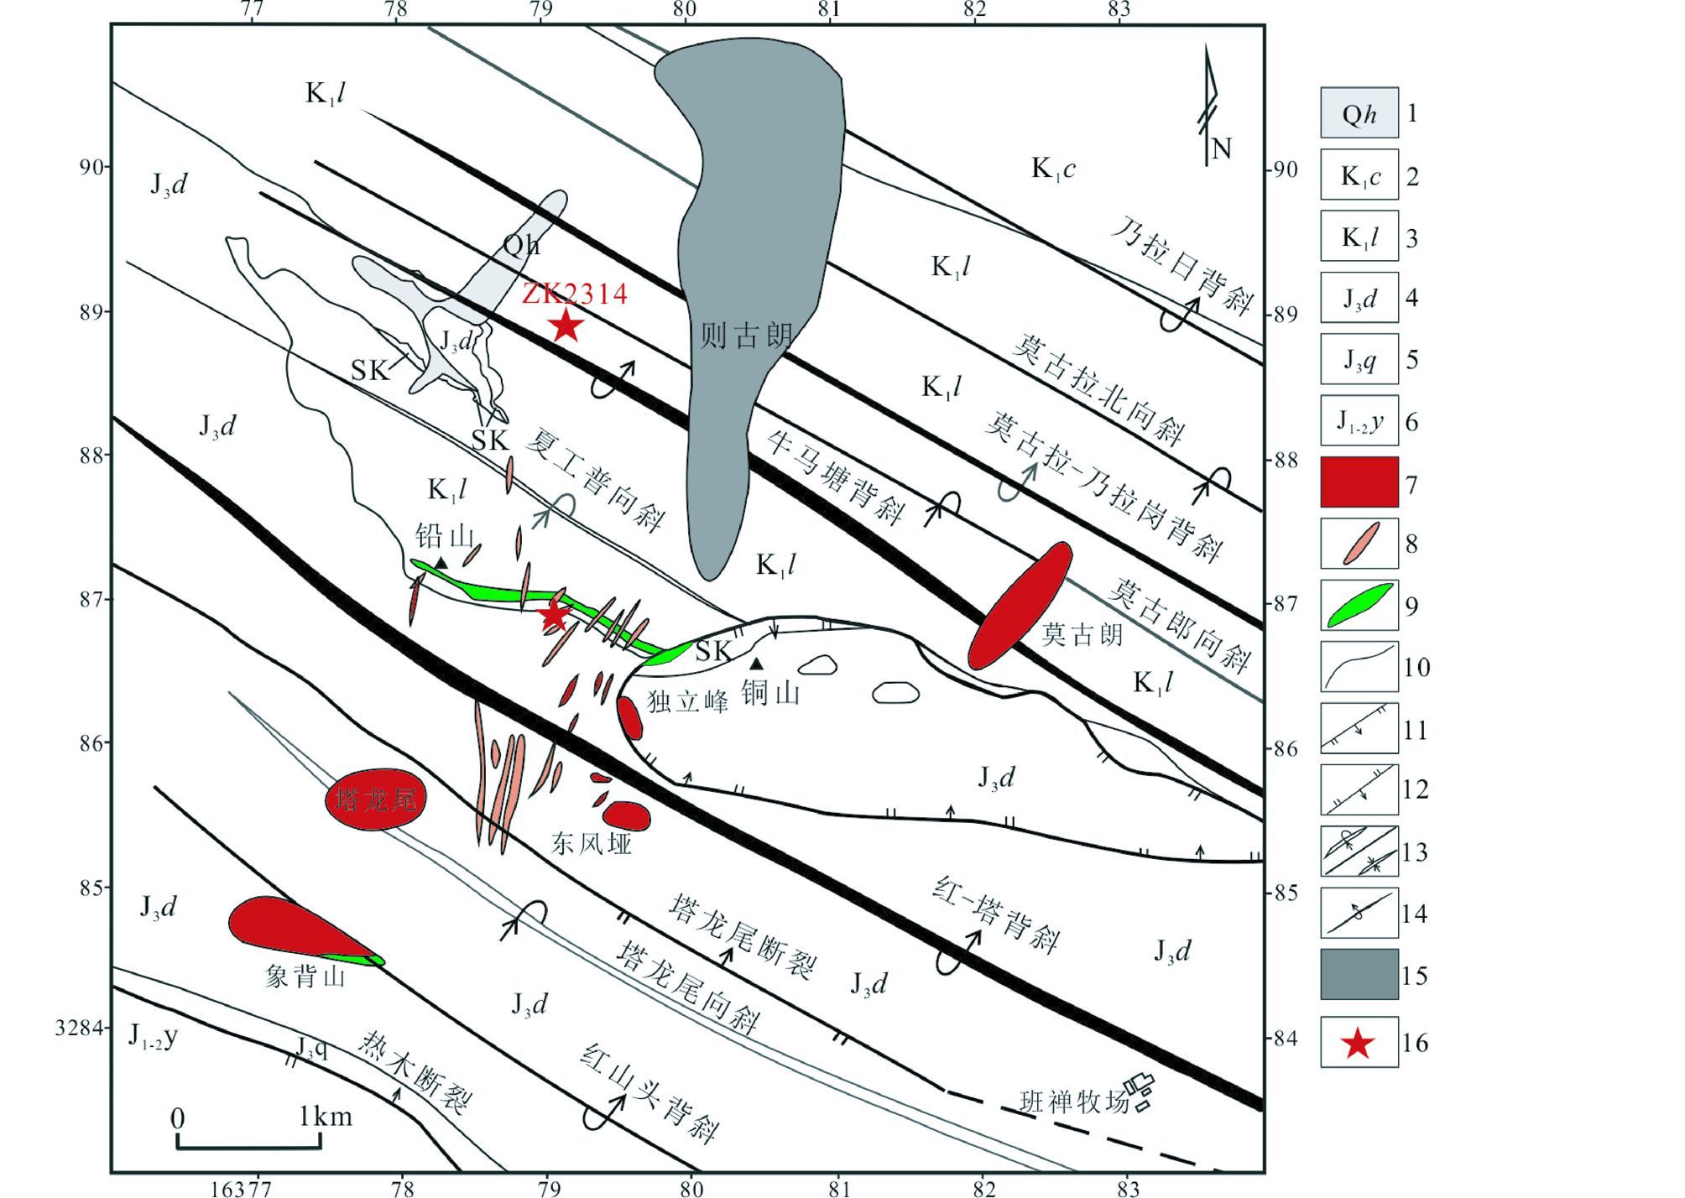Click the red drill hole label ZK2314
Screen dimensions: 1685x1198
[575, 294]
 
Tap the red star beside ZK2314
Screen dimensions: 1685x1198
[567, 326]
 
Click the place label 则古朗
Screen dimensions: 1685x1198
[746, 336]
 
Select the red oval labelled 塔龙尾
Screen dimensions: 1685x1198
[375, 800]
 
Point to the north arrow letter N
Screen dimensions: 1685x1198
[1221, 149]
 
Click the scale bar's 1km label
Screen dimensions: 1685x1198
[326, 1117]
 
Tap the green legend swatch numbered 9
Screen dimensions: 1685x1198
[1359, 606]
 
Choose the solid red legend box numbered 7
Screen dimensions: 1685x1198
[1359, 482]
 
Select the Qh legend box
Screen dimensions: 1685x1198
[1359, 112]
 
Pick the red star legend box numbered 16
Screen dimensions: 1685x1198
[1359, 1043]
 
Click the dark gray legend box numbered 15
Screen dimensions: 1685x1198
[1359, 975]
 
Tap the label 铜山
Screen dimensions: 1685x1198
[770, 693]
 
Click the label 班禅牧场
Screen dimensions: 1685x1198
[1074, 1101]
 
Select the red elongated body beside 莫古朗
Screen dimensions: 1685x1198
[1020, 605]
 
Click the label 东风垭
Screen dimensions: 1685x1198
[591, 843]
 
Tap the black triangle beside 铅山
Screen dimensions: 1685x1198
[441, 563]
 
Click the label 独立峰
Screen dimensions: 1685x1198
[687, 701]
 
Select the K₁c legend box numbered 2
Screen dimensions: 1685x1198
[1359, 175]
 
